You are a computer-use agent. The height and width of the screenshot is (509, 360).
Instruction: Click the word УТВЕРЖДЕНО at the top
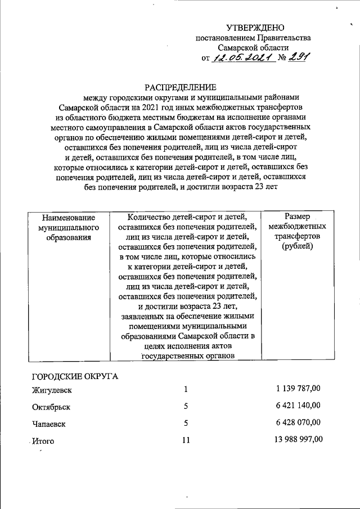click(x=255, y=28)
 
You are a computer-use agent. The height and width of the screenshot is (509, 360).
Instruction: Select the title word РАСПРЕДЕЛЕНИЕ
click(x=181, y=87)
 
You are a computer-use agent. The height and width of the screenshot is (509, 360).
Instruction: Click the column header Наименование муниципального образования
click(x=68, y=227)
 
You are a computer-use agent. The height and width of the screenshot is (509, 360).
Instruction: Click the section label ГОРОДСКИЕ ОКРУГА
click(x=75, y=376)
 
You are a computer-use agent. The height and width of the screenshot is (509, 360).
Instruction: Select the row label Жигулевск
click(x=50, y=390)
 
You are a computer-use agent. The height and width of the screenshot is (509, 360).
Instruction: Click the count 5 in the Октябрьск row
click(x=185, y=406)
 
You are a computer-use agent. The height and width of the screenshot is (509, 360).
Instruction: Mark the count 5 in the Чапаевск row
click(x=185, y=422)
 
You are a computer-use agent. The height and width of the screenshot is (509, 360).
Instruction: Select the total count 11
click(x=186, y=440)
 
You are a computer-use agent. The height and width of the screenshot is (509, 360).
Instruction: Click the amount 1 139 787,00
click(x=299, y=389)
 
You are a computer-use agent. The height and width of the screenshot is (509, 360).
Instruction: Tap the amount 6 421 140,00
click(x=299, y=405)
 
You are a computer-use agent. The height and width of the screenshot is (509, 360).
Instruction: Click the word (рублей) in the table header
click(x=298, y=247)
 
